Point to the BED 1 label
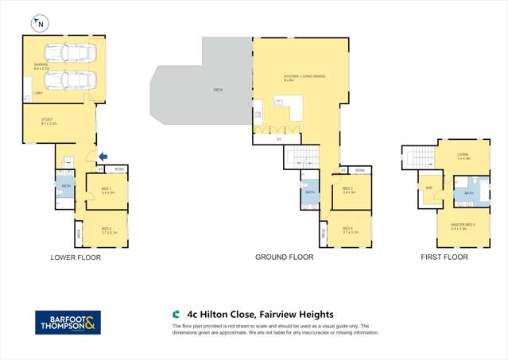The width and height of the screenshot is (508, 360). pos(107,190)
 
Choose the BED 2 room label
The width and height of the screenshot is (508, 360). pos(107,230)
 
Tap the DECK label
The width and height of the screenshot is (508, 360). pos(218,90)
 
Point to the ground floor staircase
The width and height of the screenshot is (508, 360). pos(301,156)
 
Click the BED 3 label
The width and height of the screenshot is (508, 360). pos(348,190)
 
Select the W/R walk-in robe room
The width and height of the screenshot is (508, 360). pos(429,188)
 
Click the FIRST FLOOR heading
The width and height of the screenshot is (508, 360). pos(444,257)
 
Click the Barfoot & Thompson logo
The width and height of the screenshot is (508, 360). pos(67,323)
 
